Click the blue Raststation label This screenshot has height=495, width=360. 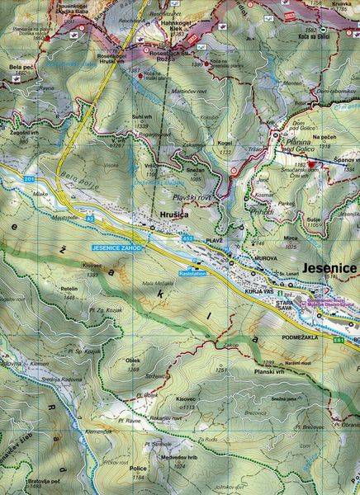192,272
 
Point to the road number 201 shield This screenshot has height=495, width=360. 31,179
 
